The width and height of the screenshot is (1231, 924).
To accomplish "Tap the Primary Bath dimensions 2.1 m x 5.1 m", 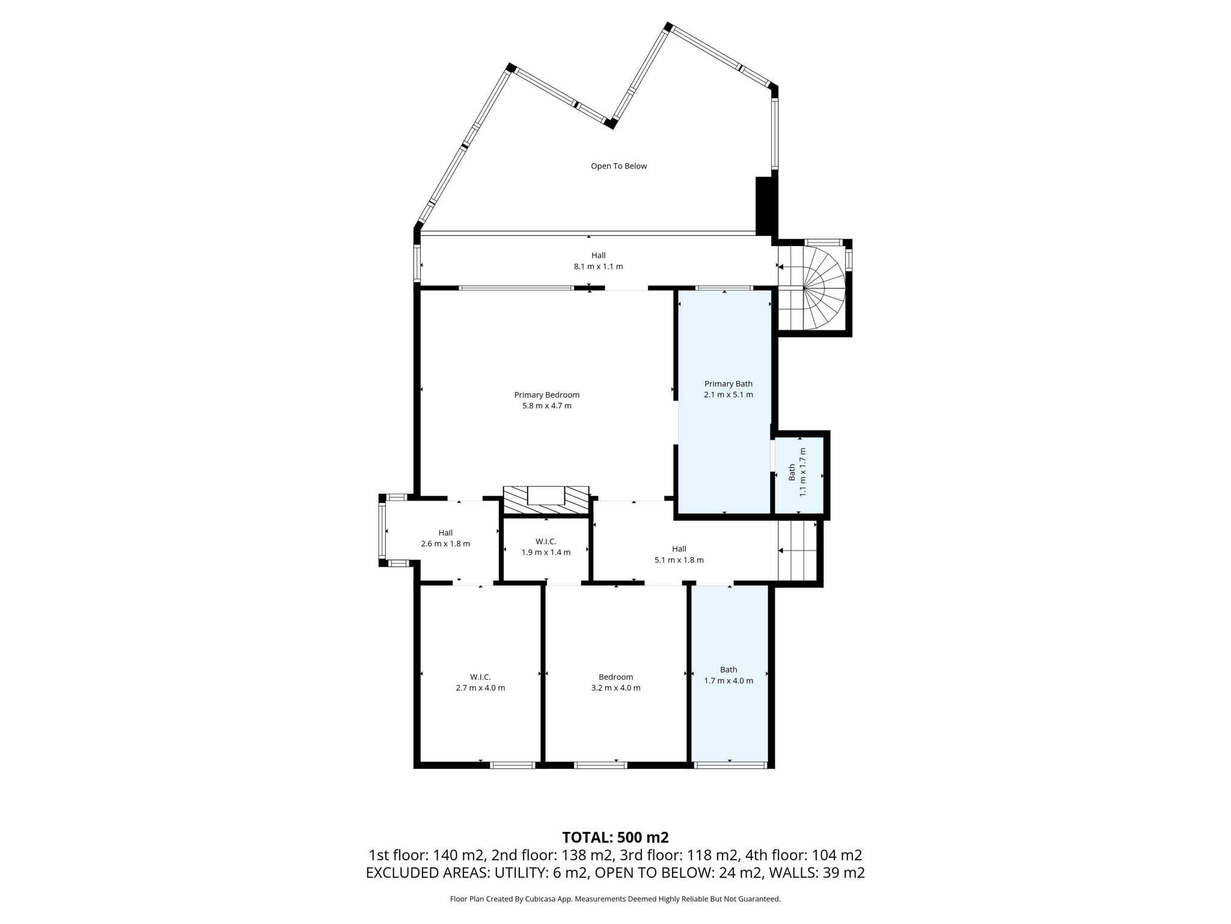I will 728,395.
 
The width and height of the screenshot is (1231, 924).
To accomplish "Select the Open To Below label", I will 619,166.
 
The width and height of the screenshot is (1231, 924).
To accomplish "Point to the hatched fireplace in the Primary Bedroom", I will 546,500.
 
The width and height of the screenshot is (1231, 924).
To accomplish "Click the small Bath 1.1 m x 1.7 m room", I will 798,475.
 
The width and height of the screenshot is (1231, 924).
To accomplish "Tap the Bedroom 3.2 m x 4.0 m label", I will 615,682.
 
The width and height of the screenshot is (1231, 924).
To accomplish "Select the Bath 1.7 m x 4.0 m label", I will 728,675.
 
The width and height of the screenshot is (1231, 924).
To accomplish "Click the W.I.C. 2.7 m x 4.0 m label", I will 480,682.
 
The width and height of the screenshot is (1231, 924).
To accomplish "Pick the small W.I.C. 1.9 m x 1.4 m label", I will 546,547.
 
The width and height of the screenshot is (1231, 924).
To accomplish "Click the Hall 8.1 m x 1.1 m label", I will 598,261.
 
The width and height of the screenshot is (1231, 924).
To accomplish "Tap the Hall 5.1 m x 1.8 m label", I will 679,554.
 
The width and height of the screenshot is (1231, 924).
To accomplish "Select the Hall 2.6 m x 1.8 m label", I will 445,538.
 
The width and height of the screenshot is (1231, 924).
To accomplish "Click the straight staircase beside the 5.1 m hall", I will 798,550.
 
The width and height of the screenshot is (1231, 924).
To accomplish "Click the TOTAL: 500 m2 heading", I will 615,837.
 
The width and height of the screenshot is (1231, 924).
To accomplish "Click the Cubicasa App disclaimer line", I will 615,899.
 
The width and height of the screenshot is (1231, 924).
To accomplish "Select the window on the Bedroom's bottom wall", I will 600,765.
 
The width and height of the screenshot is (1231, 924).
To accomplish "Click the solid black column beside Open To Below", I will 763,206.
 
